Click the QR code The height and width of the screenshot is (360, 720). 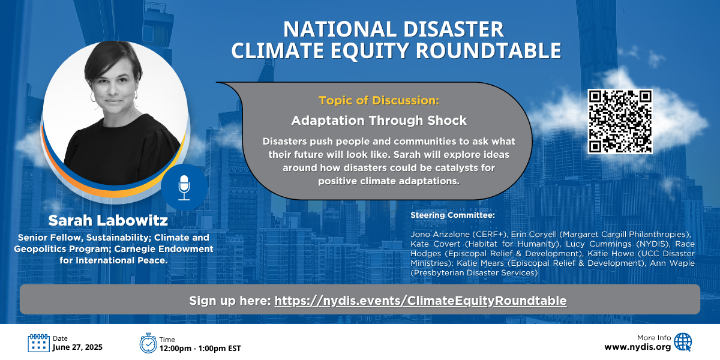point(620,121)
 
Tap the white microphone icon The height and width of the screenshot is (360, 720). point(184,188)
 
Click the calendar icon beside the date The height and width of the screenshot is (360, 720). point(38,343)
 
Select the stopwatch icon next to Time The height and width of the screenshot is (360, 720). point(148,343)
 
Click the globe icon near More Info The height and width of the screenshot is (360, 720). point(683,342)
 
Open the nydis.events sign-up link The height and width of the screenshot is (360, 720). point(421,301)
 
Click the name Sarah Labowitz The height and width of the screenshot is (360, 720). point(108,221)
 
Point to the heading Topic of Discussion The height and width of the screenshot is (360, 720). point(379,100)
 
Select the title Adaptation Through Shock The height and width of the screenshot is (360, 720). point(379,121)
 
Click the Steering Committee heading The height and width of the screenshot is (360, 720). point(452,215)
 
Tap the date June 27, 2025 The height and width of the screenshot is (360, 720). point(77,347)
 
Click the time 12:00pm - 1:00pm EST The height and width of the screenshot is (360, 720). point(200,349)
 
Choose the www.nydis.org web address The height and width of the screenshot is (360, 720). point(638,347)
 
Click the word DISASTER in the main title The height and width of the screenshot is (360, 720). point(453,29)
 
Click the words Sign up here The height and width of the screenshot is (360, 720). point(230,301)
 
